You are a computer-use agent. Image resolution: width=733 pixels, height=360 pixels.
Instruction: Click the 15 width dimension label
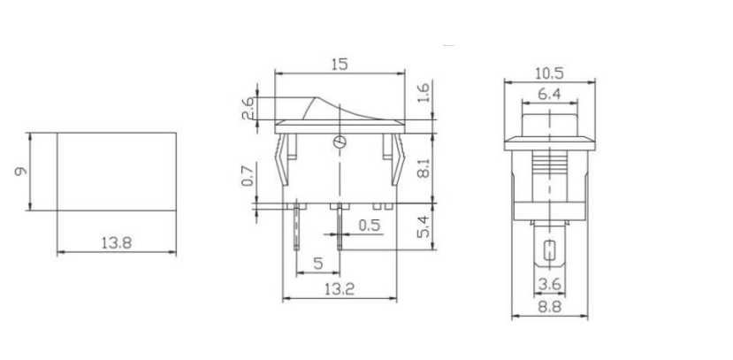coord(340,64)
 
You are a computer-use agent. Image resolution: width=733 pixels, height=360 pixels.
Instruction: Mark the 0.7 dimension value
coord(248,176)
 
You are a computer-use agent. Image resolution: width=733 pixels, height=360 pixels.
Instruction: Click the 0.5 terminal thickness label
coord(371,226)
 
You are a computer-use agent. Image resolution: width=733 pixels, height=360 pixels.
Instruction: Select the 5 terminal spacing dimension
coord(318,263)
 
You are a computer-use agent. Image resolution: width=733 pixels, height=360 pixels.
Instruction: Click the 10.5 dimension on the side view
coord(549,73)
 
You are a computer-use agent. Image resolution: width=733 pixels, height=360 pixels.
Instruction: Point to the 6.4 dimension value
coord(549,94)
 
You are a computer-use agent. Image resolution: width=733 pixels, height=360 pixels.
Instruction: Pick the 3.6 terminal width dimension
coord(549,284)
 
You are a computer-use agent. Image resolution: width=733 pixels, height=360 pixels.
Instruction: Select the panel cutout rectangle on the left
coord(116,172)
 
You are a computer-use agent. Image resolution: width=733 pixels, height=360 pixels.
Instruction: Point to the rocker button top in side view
coord(549,119)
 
